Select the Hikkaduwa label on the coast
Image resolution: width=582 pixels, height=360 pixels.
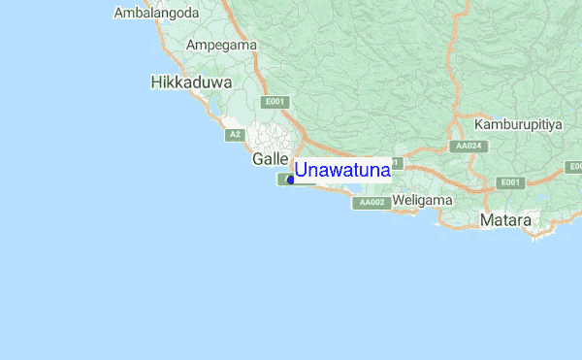tap(191, 83)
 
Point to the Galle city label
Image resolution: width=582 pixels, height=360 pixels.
tap(271, 158)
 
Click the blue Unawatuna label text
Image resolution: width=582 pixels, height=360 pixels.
tap(342, 171)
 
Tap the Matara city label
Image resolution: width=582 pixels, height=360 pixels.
tap(505, 221)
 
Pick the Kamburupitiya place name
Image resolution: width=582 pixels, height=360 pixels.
tap(519, 125)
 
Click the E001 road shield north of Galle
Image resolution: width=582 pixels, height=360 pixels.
tap(275, 102)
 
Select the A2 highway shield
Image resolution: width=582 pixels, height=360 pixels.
tap(235, 135)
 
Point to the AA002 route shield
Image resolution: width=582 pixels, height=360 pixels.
tap(372, 203)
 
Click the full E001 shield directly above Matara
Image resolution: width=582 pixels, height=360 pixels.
tap(508, 182)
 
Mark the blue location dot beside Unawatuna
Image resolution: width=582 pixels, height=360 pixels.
tap(291, 180)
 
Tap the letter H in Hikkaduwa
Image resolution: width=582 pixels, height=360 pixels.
tap(157, 83)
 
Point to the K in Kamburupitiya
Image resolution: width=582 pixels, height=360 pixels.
tap(479, 125)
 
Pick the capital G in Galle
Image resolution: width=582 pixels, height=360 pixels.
tap(258, 158)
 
